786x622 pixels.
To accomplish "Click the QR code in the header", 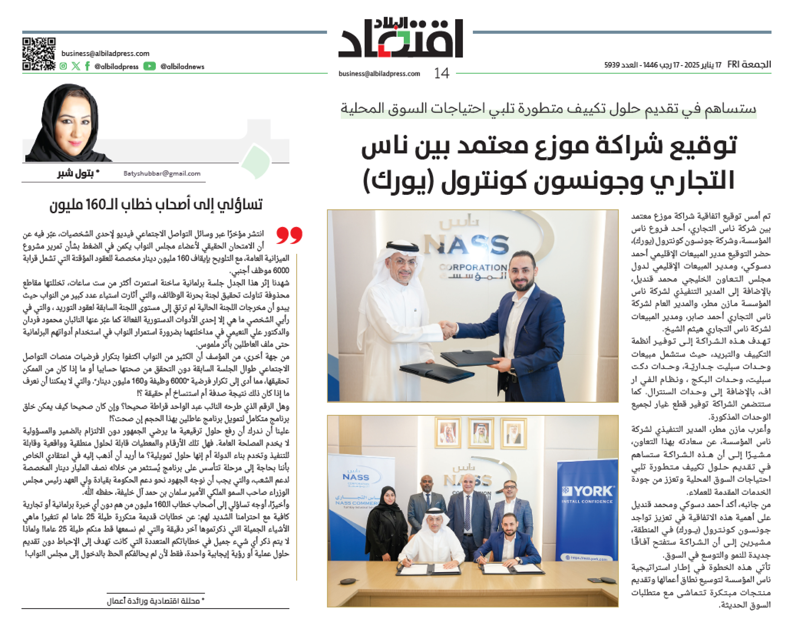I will click(x=38, y=54).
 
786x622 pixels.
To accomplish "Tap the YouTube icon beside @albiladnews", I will click(x=149, y=66).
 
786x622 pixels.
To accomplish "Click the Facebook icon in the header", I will click(x=87, y=66).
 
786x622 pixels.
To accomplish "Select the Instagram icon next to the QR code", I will click(x=64, y=66).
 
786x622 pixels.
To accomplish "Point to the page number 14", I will click(x=441, y=73).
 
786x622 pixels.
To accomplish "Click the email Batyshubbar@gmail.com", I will click(x=162, y=173).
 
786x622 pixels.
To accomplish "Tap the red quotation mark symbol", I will click(x=289, y=235).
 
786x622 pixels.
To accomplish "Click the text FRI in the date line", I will click(x=733, y=65).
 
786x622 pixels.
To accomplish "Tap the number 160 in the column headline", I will click(x=96, y=205).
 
